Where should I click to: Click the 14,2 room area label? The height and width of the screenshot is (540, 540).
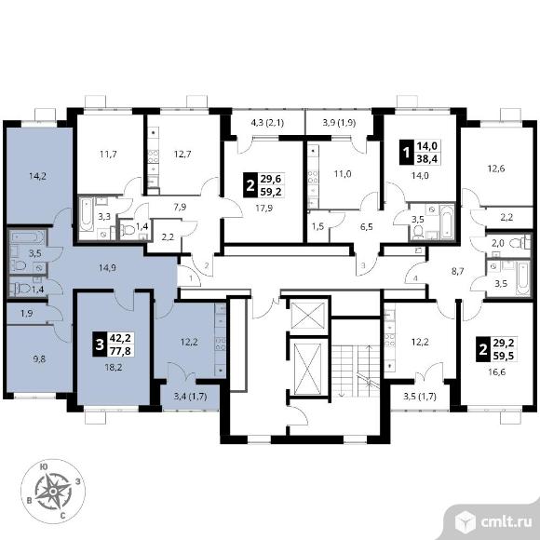(x=38, y=177)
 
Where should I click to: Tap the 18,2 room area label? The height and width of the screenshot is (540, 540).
(x=114, y=368)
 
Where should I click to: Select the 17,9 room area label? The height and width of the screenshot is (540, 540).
(x=264, y=208)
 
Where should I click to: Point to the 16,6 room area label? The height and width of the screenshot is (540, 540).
(x=496, y=371)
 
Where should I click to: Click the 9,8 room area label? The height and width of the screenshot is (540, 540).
(x=39, y=359)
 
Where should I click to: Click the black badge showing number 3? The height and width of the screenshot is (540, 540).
(x=100, y=344)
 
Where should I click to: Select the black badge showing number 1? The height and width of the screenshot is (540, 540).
(x=407, y=152)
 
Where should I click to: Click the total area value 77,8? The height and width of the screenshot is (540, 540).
(x=120, y=351)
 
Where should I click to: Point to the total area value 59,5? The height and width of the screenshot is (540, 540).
(x=504, y=356)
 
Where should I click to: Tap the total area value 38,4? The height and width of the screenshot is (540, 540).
(x=427, y=159)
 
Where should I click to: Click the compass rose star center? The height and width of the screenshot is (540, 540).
(x=53, y=491)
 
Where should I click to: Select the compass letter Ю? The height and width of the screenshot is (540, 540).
(x=44, y=466)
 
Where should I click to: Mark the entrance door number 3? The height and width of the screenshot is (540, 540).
(x=363, y=265)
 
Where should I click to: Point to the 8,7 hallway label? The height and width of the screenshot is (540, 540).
(x=458, y=271)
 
